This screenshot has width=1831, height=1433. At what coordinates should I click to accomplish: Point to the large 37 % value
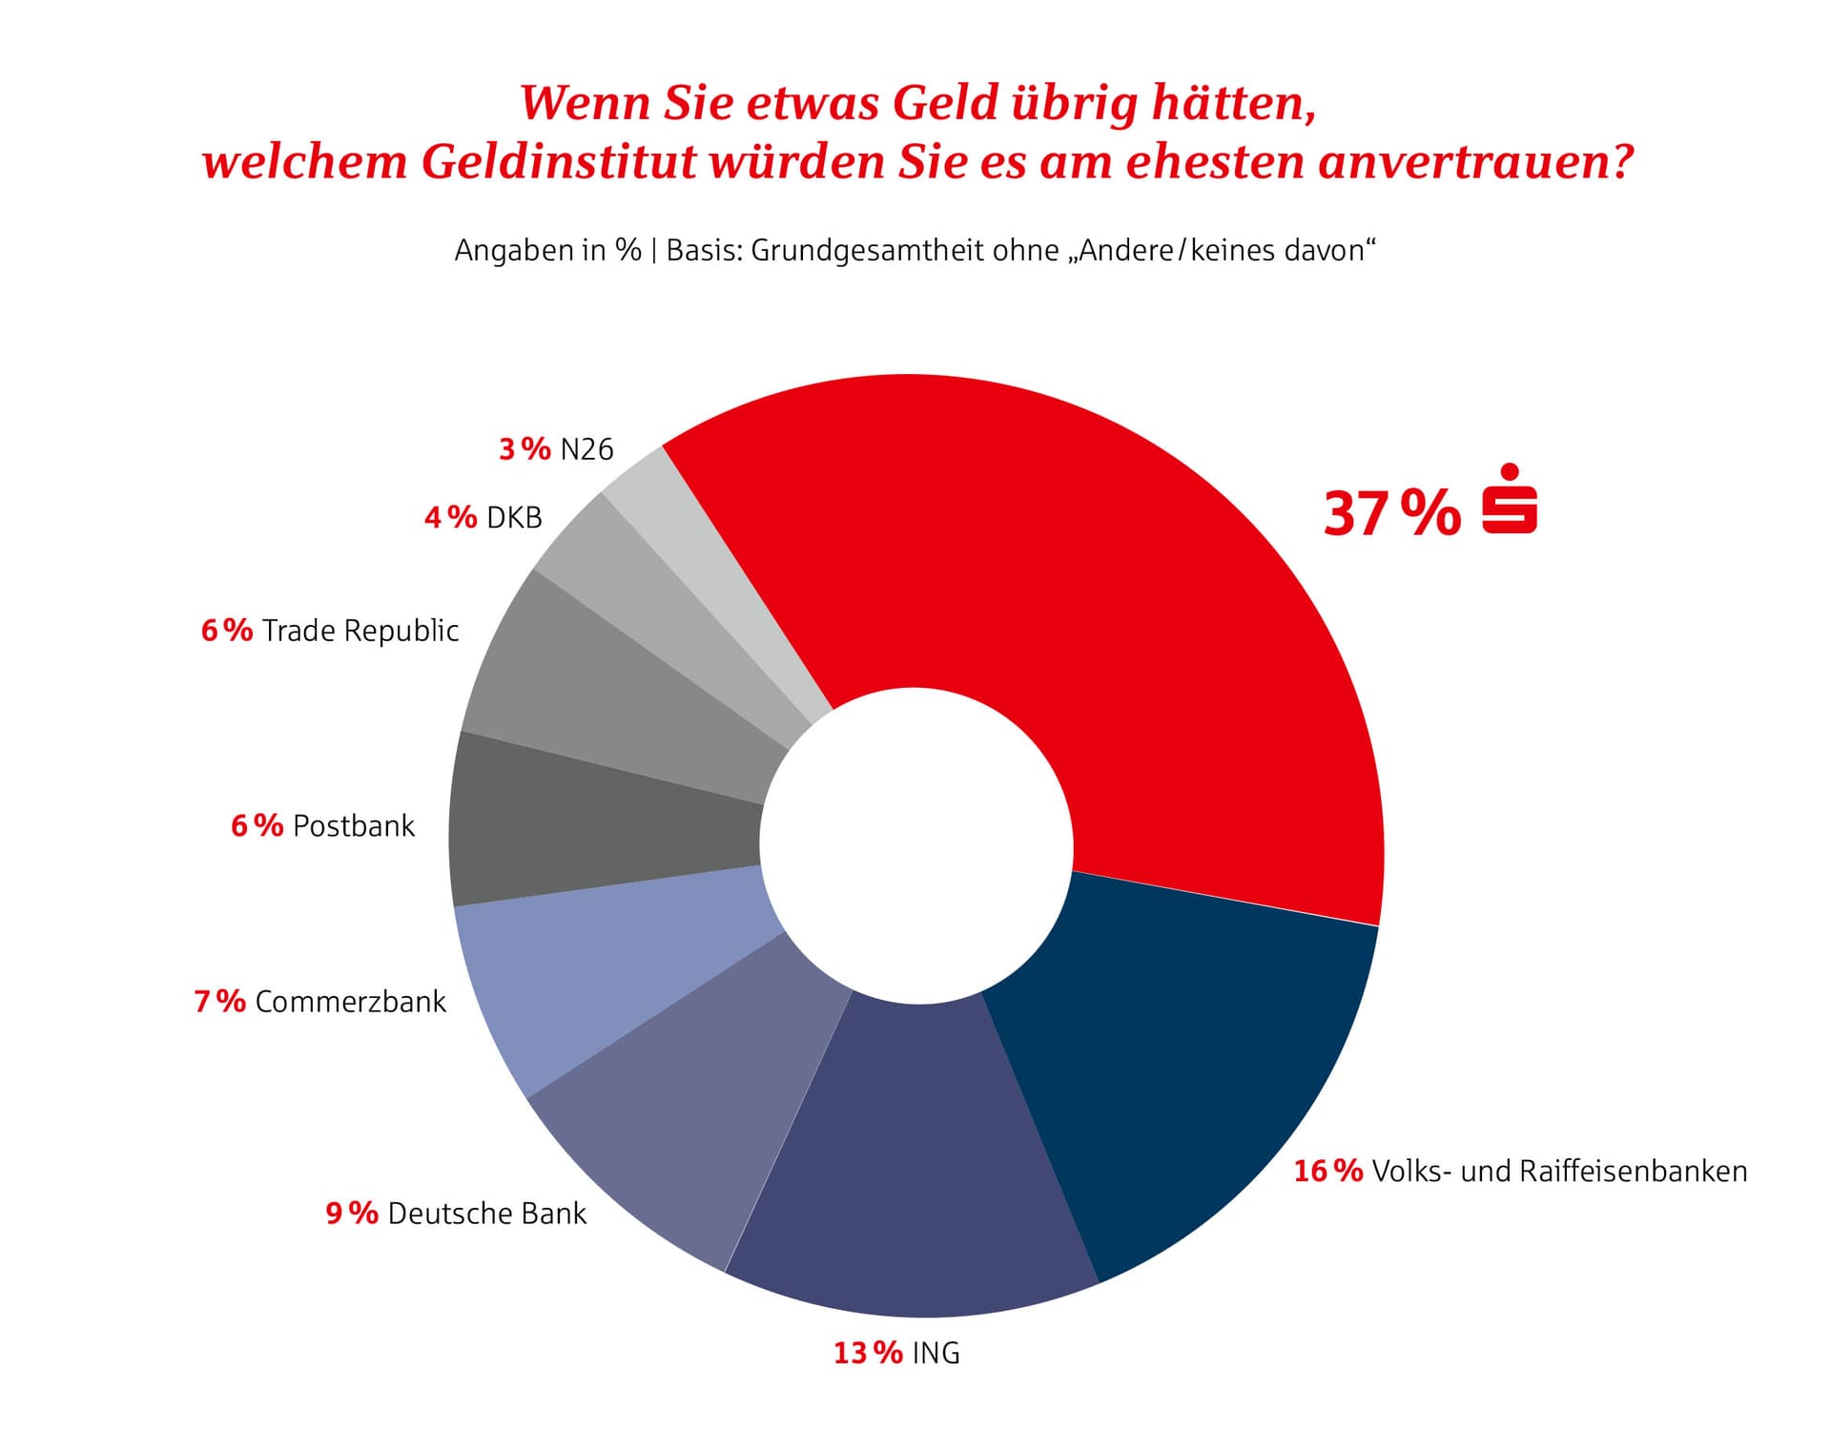coord(1390,513)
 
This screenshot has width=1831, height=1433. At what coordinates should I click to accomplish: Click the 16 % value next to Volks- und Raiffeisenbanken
coord(1327,1171)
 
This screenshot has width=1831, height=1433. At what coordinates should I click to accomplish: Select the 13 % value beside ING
coord(868,1353)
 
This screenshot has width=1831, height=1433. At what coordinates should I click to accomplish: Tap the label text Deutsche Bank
coord(486,1214)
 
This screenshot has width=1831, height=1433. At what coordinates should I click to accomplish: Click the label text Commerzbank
coord(350,1002)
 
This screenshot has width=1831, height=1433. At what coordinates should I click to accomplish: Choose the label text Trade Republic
coord(360,631)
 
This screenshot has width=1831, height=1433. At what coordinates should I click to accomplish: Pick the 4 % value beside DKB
coord(450,517)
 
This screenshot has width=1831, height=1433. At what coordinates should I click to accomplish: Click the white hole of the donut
coord(916,844)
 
